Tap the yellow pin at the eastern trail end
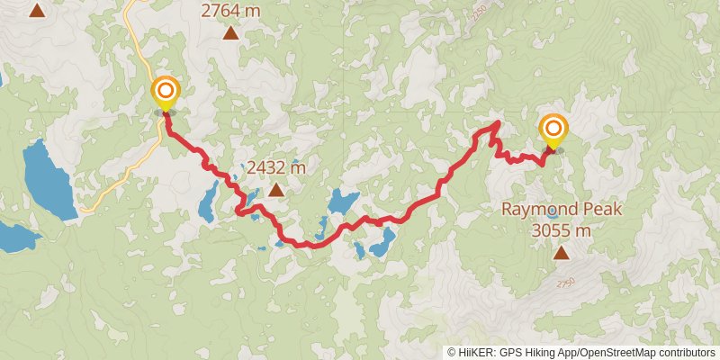click(553, 131)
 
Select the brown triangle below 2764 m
click(231, 34)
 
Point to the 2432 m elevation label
click(276, 167)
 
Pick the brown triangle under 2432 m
click(275, 190)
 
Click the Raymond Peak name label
click(562, 211)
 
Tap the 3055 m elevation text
click(562, 230)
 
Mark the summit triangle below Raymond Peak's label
click(562, 253)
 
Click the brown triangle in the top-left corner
click(36, 11)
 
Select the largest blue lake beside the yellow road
click(49, 181)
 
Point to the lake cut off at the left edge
click(16, 238)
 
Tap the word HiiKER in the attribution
click(477, 353)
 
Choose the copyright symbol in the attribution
click(452, 353)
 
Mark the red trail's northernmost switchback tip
click(497, 121)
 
